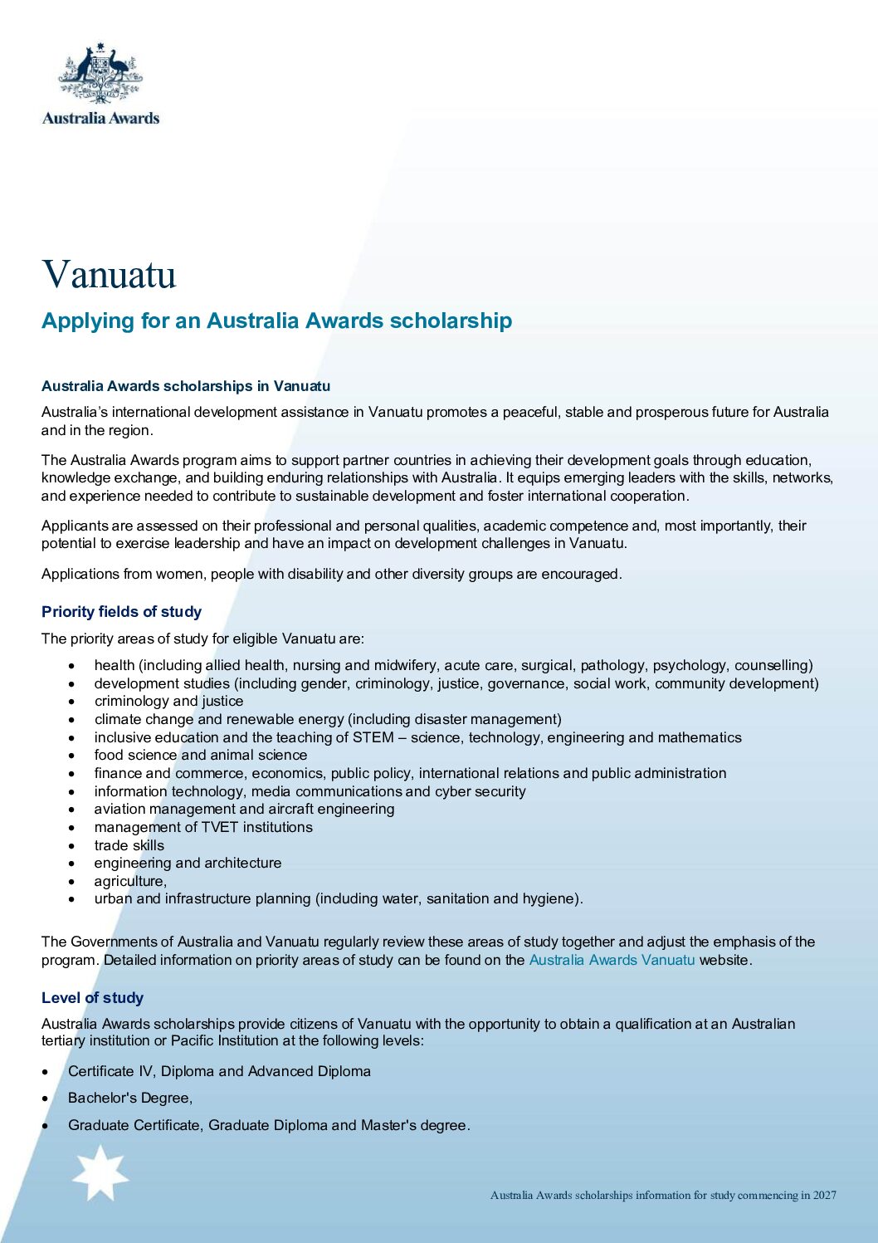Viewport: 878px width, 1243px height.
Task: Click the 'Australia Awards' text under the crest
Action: coord(100,118)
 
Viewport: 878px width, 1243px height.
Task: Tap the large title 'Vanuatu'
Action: coord(109,274)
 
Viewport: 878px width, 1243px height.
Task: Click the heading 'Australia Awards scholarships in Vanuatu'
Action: coord(186,386)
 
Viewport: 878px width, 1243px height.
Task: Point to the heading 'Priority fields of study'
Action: coord(121,612)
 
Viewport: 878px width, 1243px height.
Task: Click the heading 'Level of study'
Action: coord(92,998)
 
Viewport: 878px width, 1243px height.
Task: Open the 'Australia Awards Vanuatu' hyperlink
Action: coord(612,960)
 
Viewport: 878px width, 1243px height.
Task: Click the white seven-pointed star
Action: coord(100,1173)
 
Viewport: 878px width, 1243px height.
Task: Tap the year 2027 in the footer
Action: coord(824,1196)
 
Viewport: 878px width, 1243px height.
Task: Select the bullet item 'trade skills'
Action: coord(129,845)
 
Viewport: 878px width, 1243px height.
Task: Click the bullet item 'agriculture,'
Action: coord(130,881)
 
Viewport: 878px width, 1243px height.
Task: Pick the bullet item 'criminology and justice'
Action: coord(168,701)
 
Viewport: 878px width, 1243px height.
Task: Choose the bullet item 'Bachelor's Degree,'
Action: coord(130,1098)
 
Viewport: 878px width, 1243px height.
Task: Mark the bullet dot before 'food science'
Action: coord(73,756)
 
